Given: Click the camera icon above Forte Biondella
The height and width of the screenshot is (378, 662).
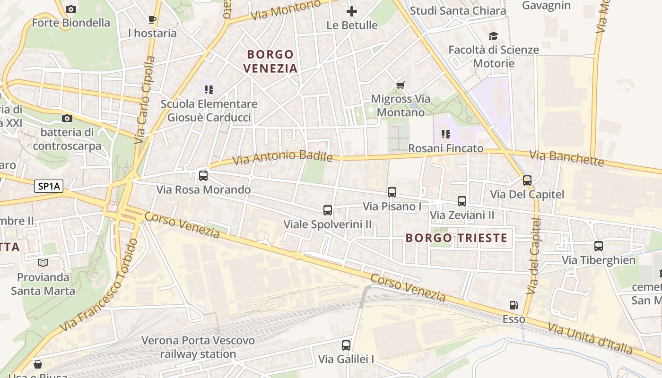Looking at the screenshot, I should pyautogui.click(x=71, y=9).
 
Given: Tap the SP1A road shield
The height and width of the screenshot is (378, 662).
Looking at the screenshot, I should pyautogui.click(x=49, y=186).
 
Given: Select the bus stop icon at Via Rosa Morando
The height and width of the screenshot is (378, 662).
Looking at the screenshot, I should pyautogui.click(x=203, y=176).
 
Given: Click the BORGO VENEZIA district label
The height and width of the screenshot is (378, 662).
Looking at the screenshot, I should pyautogui.click(x=270, y=61).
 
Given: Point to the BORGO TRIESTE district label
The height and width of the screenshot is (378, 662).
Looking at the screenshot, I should pyautogui.click(x=456, y=238).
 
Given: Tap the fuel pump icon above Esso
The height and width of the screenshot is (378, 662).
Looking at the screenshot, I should pyautogui.click(x=514, y=306).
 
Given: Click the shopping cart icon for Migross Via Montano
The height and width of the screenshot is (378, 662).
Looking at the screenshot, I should pyautogui.click(x=401, y=85).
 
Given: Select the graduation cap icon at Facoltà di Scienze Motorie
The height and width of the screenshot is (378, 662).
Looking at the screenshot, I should pyautogui.click(x=493, y=36).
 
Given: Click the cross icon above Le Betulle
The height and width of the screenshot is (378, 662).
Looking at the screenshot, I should pyautogui.click(x=352, y=11).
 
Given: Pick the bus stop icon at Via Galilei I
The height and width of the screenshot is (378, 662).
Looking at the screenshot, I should pyautogui.click(x=346, y=345).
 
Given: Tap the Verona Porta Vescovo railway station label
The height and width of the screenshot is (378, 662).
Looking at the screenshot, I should pyautogui.click(x=198, y=347).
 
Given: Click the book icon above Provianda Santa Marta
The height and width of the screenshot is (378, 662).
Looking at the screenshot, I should pyautogui.click(x=43, y=263).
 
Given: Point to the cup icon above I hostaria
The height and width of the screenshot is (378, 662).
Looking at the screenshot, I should pyautogui.click(x=152, y=19).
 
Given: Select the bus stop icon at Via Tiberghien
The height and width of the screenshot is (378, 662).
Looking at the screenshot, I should pyautogui.click(x=599, y=246).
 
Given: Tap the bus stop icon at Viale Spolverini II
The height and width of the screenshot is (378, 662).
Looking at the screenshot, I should pyautogui.click(x=328, y=210).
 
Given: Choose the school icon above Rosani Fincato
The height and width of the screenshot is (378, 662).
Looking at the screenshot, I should pyautogui.click(x=445, y=134).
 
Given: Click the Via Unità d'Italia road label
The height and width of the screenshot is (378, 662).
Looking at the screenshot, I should pyautogui.click(x=590, y=338).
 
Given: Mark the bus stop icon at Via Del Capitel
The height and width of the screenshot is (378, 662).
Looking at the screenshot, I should pyautogui.click(x=527, y=180).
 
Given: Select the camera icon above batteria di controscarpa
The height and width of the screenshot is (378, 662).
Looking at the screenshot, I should pyautogui.click(x=67, y=118).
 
